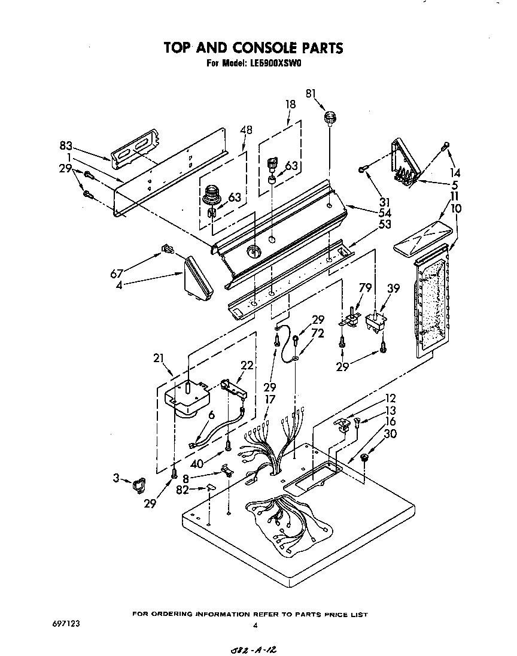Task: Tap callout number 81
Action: [x=311, y=93]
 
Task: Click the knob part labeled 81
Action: [x=329, y=117]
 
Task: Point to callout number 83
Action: [x=66, y=145]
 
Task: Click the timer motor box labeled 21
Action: [x=187, y=397]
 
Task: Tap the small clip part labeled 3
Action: [x=139, y=484]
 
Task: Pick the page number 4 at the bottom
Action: [x=255, y=626]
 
